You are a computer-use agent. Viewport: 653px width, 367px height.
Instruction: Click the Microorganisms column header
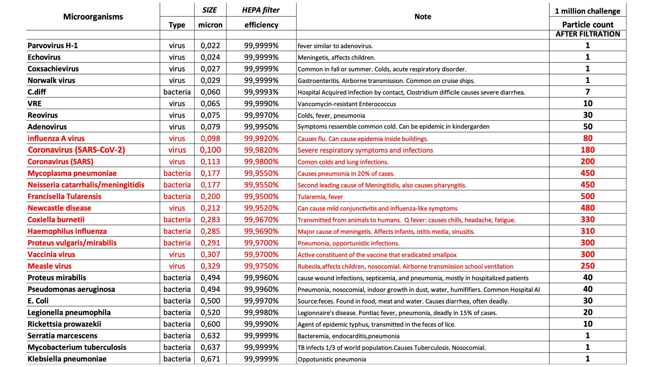93,17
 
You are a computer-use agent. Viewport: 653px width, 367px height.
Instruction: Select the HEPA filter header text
261,10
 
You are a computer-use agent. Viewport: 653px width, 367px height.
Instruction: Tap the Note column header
423,17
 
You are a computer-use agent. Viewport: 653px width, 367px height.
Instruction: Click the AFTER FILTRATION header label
588,34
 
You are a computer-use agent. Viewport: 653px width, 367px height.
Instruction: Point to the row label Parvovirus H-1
53,46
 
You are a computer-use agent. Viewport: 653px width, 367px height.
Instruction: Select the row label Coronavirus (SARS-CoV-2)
77,150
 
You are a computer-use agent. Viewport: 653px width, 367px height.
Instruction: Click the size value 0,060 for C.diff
210,92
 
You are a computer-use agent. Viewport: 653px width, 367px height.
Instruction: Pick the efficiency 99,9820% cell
261,150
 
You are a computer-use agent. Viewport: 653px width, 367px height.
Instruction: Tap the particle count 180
588,150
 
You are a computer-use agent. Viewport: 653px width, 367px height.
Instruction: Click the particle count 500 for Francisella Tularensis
588,196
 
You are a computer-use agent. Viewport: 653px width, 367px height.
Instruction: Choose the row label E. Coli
38,301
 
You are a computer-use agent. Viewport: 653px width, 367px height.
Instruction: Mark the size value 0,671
210,359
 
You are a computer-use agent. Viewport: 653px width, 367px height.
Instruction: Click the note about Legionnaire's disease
397,313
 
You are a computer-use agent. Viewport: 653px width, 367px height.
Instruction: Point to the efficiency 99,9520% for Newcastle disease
261,208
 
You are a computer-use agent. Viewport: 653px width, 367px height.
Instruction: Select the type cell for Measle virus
177,266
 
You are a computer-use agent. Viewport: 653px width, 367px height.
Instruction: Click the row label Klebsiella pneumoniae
67,359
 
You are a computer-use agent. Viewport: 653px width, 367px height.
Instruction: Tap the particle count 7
588,92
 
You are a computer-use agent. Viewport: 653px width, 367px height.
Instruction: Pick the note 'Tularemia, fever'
320,197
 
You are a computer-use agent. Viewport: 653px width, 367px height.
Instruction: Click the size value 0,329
210,266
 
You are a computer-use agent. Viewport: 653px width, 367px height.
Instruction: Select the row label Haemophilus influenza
67,231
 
